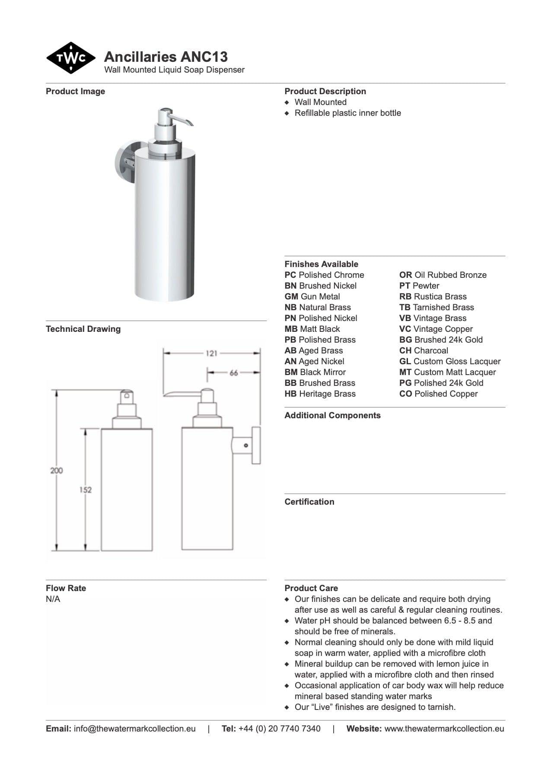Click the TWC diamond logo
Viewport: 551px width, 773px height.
[71, 58]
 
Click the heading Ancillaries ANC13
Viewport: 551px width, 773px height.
[166, 57]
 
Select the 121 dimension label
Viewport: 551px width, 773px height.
[211, 353]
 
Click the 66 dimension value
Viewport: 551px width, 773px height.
[234, 372]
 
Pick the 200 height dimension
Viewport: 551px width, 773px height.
[57, 471]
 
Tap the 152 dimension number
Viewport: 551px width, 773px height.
[86, 490]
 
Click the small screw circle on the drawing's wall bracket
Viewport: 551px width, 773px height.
[246, 445]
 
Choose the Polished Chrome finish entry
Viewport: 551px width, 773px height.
[324, 275]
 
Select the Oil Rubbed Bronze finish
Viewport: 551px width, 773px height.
[443, 275]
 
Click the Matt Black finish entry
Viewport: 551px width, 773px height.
[312, 329]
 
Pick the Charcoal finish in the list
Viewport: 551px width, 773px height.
[424, 351]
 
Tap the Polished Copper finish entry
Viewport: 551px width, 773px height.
[438, 394]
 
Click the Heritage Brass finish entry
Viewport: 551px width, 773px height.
[320, 394]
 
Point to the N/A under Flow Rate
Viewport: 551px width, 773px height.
[53, 599]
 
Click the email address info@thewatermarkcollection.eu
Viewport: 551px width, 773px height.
[134, 729]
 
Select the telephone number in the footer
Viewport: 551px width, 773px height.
[279, 729]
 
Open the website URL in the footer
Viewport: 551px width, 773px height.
[444, 729]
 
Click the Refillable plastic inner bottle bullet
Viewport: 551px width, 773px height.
[347, 113]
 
